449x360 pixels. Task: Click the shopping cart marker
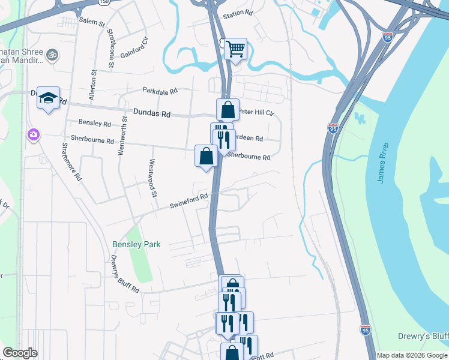tap(236, 49)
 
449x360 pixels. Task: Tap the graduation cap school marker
tap(48, 98)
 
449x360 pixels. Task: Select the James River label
tap(384, 163)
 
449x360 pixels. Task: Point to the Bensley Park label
tap(136, 244)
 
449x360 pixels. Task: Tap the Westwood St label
tap(153, 178)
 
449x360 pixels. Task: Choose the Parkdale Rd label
tap(160, 91)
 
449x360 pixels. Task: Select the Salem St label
tap(92, 22)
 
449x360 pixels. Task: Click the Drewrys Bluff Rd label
tap(125, 274)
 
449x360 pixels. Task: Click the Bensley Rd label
tap(95, 124)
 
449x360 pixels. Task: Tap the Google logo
tap(20, 353)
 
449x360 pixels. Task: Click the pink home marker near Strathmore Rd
tap(32, 135)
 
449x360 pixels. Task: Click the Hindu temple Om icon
tap(52, 55)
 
